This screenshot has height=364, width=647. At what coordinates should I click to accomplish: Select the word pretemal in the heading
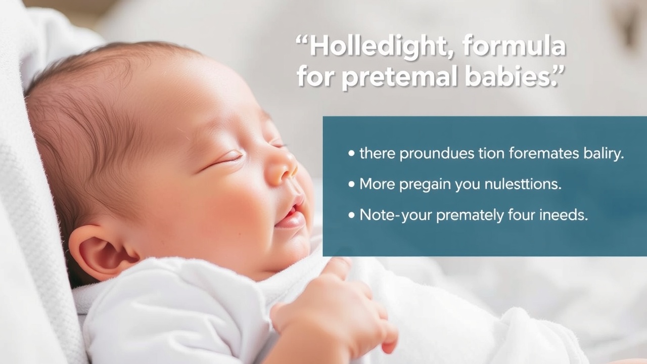coord(400,76)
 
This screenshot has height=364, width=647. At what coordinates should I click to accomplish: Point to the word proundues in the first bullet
coord(437,154)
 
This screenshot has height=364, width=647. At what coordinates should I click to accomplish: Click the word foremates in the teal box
coord(544,153)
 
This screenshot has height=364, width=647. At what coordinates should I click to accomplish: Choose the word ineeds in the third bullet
coord(564,215)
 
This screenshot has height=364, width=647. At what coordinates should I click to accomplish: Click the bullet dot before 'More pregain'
coord(351,184)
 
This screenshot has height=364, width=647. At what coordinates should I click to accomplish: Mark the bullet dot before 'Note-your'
coord(351,215)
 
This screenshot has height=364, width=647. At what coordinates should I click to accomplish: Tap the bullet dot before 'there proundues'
coord(351,153)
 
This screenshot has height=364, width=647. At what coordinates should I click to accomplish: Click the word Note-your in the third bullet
coord(395,216)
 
